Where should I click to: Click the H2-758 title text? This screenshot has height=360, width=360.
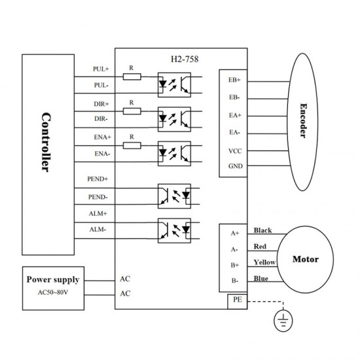tap(181, 58)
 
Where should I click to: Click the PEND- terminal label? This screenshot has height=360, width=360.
tap(98, 196)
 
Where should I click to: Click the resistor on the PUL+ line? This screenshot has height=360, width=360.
tap(132, 77)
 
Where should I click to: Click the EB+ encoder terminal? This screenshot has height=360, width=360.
tap(234, 80)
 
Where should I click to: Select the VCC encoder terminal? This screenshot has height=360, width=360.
tap(234, 150)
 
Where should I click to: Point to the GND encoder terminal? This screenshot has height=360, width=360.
tap(234, 166)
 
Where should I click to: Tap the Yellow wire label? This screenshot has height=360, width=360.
tap(265, 263)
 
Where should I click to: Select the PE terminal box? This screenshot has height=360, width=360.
tap(234, 300)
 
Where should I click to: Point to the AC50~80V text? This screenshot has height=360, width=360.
tap(52, 292)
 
